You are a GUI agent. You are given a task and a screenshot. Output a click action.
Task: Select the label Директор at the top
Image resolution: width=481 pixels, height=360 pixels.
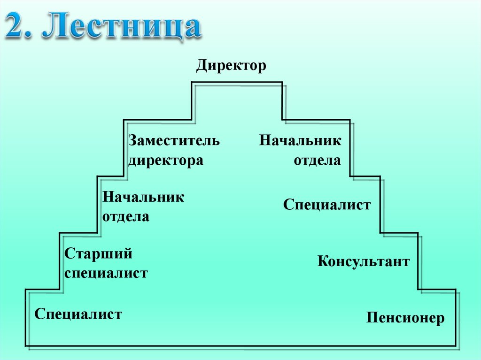pos(231,65)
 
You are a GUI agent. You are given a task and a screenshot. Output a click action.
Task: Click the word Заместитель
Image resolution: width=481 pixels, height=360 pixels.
pos(174,140)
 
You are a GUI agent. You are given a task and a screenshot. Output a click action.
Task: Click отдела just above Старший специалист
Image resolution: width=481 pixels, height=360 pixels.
pos(125,217)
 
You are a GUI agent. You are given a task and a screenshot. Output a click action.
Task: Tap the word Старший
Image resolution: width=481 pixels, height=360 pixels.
pos(98,254)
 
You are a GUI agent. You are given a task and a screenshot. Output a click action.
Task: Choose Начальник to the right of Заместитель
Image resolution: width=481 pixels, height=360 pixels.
pos(300,140)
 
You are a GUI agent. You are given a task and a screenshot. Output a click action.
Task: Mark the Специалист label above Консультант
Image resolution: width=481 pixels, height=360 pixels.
pos(327,205)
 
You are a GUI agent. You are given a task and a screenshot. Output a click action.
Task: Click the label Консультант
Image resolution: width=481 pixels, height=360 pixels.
pos(363,261)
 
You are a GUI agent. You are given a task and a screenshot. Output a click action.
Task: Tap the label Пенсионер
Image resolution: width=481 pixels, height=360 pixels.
pos(405,318)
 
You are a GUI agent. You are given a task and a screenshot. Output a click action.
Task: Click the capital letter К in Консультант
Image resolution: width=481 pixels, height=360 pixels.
pos(322,261)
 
